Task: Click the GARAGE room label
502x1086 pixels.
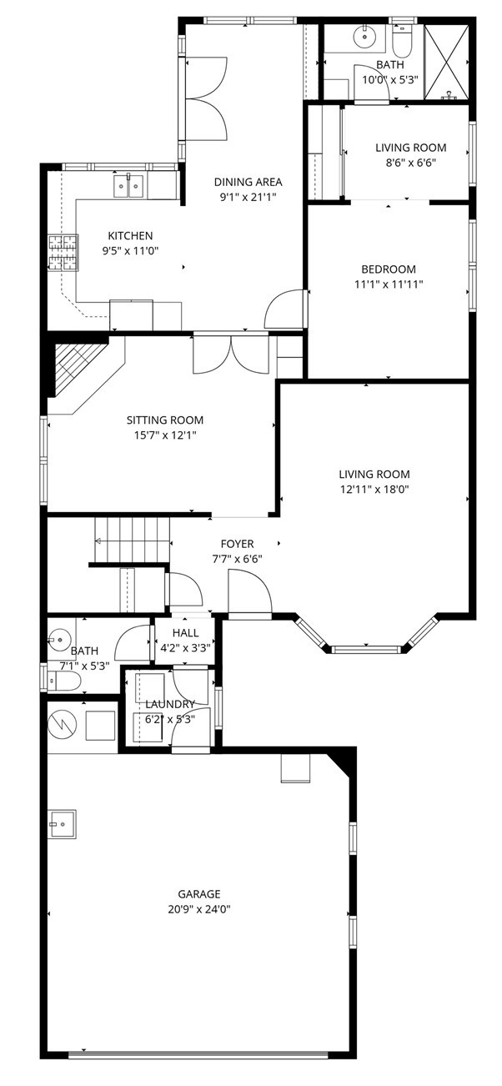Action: click(198, 893)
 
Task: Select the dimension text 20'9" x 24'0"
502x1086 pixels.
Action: click(198, 909)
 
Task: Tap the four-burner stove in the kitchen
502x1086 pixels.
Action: click(61, 254)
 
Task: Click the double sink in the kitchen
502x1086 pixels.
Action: click(129, 185)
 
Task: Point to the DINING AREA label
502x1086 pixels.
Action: click(248, 182)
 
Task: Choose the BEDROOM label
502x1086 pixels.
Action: click(388, 269)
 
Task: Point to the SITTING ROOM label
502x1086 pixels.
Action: click(164, 420)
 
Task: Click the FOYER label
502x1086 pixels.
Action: click(237, 544)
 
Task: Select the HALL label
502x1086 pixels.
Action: click(185, 632)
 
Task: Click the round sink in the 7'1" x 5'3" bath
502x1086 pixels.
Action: click(59, 643)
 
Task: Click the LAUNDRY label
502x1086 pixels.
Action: click(170, 704)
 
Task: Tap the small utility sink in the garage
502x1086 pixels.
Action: click(62, 823)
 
